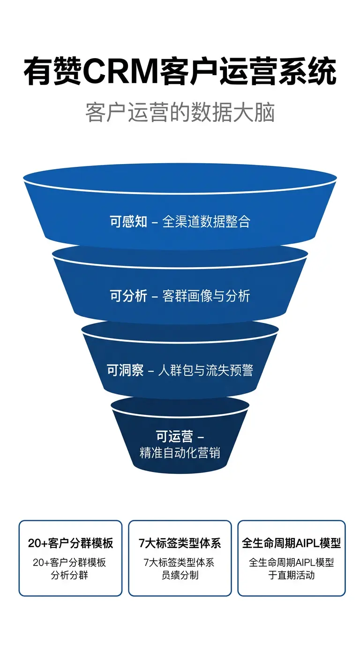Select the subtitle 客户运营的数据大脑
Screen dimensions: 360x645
pyautogui.click(x=180, y=112)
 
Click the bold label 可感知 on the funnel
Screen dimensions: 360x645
pyautogui.click(x=128, y=221)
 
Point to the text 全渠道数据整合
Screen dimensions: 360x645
pyautogui.click(x=206, y=221)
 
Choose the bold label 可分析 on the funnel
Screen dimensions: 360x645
pyautogui.click(x=128, y=296)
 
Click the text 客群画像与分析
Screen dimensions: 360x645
pyautogui.click(x=206, y=296)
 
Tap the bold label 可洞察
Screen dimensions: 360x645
pyautogui.click(x=125, y=370)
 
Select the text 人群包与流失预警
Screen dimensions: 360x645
pyautogui.click(x=206, y=370)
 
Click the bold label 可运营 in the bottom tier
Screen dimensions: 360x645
pyautogui.click(x=174, y=436)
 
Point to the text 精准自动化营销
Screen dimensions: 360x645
pyautogui.click(x=180, y=452)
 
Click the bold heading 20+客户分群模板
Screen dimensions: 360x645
pyautogui.click(x=71, y=543)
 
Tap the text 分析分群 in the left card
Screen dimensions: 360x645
pyautogui.click(x=69, y=575)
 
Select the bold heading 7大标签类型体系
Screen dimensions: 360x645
pyautogui.click(x=180, y=543)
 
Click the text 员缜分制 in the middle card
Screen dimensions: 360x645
pyautogui.click(x=180, y=575)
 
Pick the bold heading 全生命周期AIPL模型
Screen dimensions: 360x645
pyautogui.click(x=292, y=543)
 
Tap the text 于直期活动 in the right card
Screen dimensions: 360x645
pyautogui.click(x=292, y=575)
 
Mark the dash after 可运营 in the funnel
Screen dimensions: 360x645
pyautogui.click(x=201, y=437)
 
